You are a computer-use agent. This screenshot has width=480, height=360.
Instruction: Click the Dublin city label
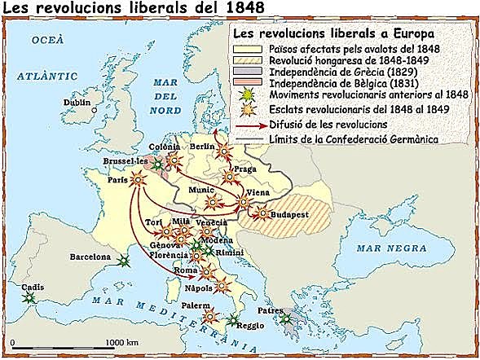(77, 103)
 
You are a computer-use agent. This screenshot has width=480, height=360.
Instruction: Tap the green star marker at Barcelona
(124, 261)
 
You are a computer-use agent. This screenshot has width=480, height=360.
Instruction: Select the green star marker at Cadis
(30, 299)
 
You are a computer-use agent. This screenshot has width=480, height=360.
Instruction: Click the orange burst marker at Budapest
(262, 214)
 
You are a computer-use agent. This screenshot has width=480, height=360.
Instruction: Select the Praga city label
(244, 169)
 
